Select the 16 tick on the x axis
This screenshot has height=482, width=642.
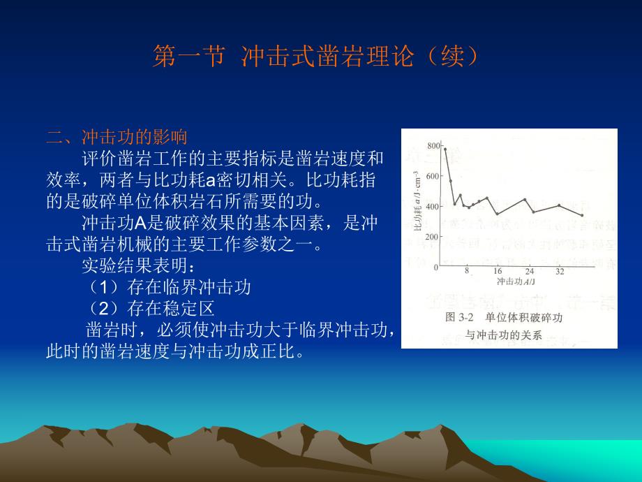pyautogui.click(x=498, y=272)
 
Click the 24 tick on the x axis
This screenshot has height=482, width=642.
pyautogui.click(x=530, y=272)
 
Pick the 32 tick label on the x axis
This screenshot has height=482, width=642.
pyautogui.click(x=560, y=272)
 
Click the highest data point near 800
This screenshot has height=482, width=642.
pyautogui.click(x=445, y=149)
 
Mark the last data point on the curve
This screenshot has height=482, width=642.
pyautogui.click(x=582, y=215)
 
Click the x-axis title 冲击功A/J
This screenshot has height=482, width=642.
pyautogui.click(x=516, y=282)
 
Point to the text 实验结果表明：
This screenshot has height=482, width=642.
pyautogui.click(x=140, y=266)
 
